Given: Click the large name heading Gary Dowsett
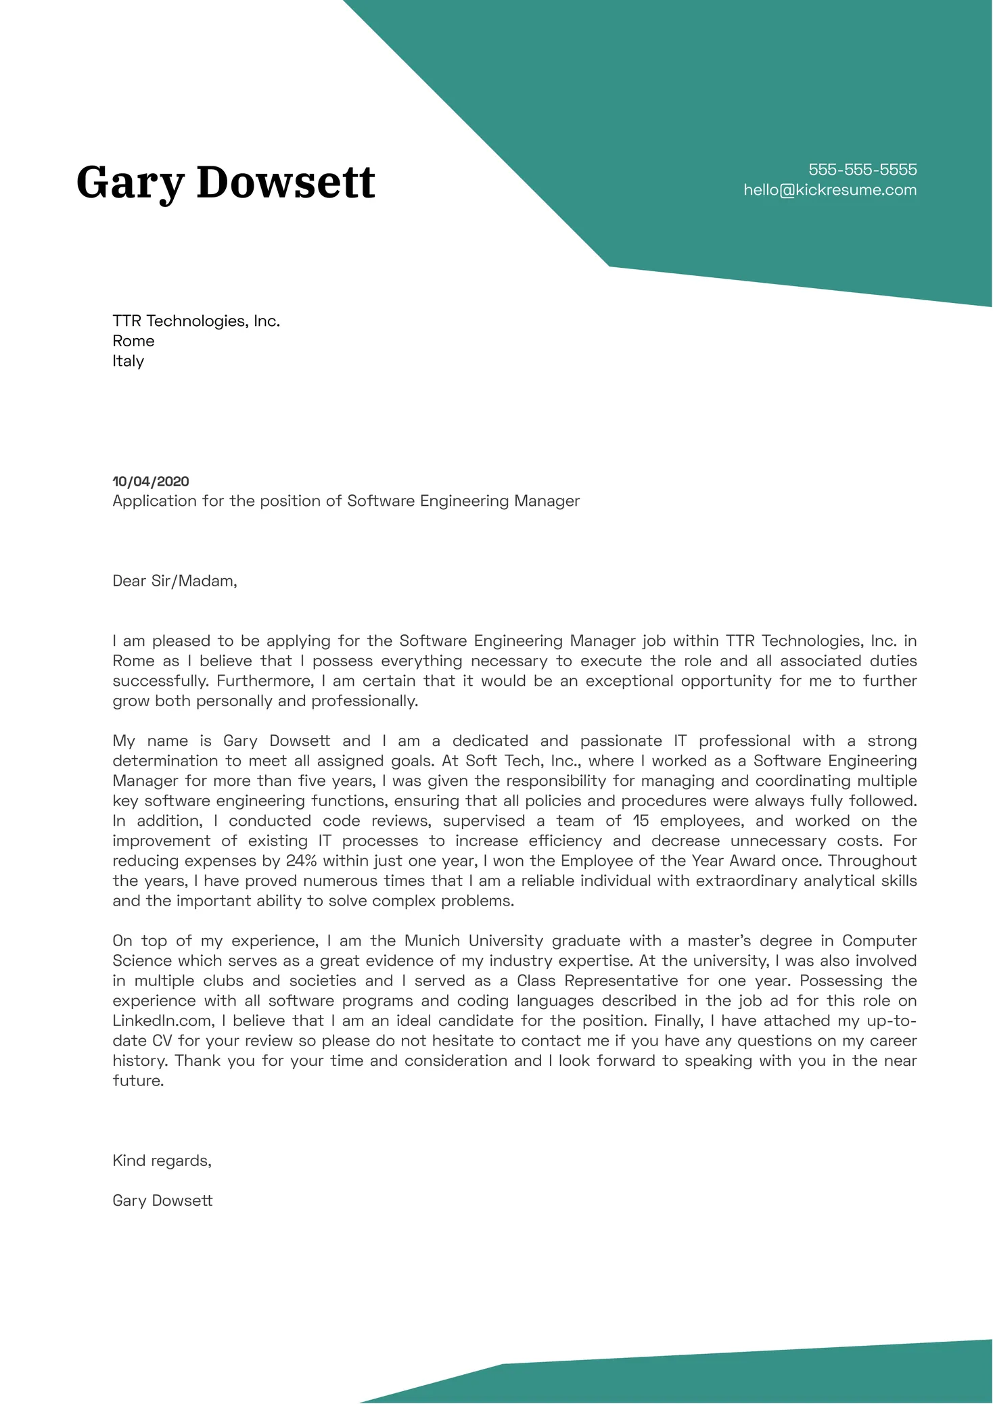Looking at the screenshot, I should tap(225, 183).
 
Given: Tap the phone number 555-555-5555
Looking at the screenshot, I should tap(862, 170).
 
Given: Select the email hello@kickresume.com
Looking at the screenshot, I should tap(830, 190).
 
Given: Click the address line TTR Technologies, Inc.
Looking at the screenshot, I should tap(196, 321).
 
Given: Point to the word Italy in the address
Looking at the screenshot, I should tap(129, 361).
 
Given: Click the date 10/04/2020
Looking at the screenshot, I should tap(151, 482).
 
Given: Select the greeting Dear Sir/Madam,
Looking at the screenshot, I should tap(175, 581).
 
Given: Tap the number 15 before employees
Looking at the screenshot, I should tap(641, 821).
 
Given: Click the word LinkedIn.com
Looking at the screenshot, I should tap(163, 1021).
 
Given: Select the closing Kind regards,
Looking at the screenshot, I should tap(162, 1161).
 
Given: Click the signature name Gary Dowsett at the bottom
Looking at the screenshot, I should tap(162, 1200).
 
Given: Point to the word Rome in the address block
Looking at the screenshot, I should tap(133, 341).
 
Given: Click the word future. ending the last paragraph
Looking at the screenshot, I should tap(138, 1081).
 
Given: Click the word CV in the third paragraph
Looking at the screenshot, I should tap(162, 1041).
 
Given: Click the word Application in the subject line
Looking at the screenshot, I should tap(154, 501).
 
